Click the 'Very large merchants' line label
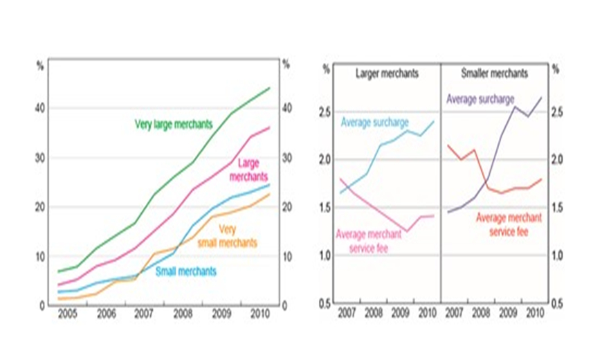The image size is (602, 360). click(173, 125)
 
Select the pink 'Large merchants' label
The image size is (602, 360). click(252, 170)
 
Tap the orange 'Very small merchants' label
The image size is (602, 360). click(228, 237)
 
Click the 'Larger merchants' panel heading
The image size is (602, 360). click(387, 73)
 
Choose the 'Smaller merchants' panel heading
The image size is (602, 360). click(494, 73)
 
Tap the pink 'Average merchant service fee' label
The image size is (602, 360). click(368, 240)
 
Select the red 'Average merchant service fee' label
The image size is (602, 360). click(509, 224)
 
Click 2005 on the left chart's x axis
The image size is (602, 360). click(66, 314)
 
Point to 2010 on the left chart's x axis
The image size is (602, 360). click(259, 314)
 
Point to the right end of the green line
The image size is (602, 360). click(269, 88)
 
